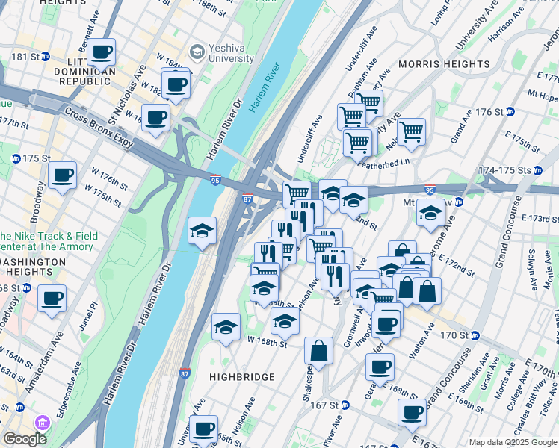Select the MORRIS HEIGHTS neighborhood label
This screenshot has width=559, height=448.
[444, 64]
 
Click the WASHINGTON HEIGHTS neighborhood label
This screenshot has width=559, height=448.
[43, 262]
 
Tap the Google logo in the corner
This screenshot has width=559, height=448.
[24, 439]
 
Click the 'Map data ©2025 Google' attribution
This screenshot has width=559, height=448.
[511, 442]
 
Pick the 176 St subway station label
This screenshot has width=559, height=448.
[494, 112]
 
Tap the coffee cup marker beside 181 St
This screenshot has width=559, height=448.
[101, 52]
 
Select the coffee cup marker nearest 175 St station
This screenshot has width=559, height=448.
[63, 176]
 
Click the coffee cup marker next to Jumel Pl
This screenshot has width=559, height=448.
[52, 298]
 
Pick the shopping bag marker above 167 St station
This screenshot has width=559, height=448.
[318, 350]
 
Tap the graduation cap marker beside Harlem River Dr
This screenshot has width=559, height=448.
[202, 231]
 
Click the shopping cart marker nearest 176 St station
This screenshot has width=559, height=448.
[411, 131]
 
